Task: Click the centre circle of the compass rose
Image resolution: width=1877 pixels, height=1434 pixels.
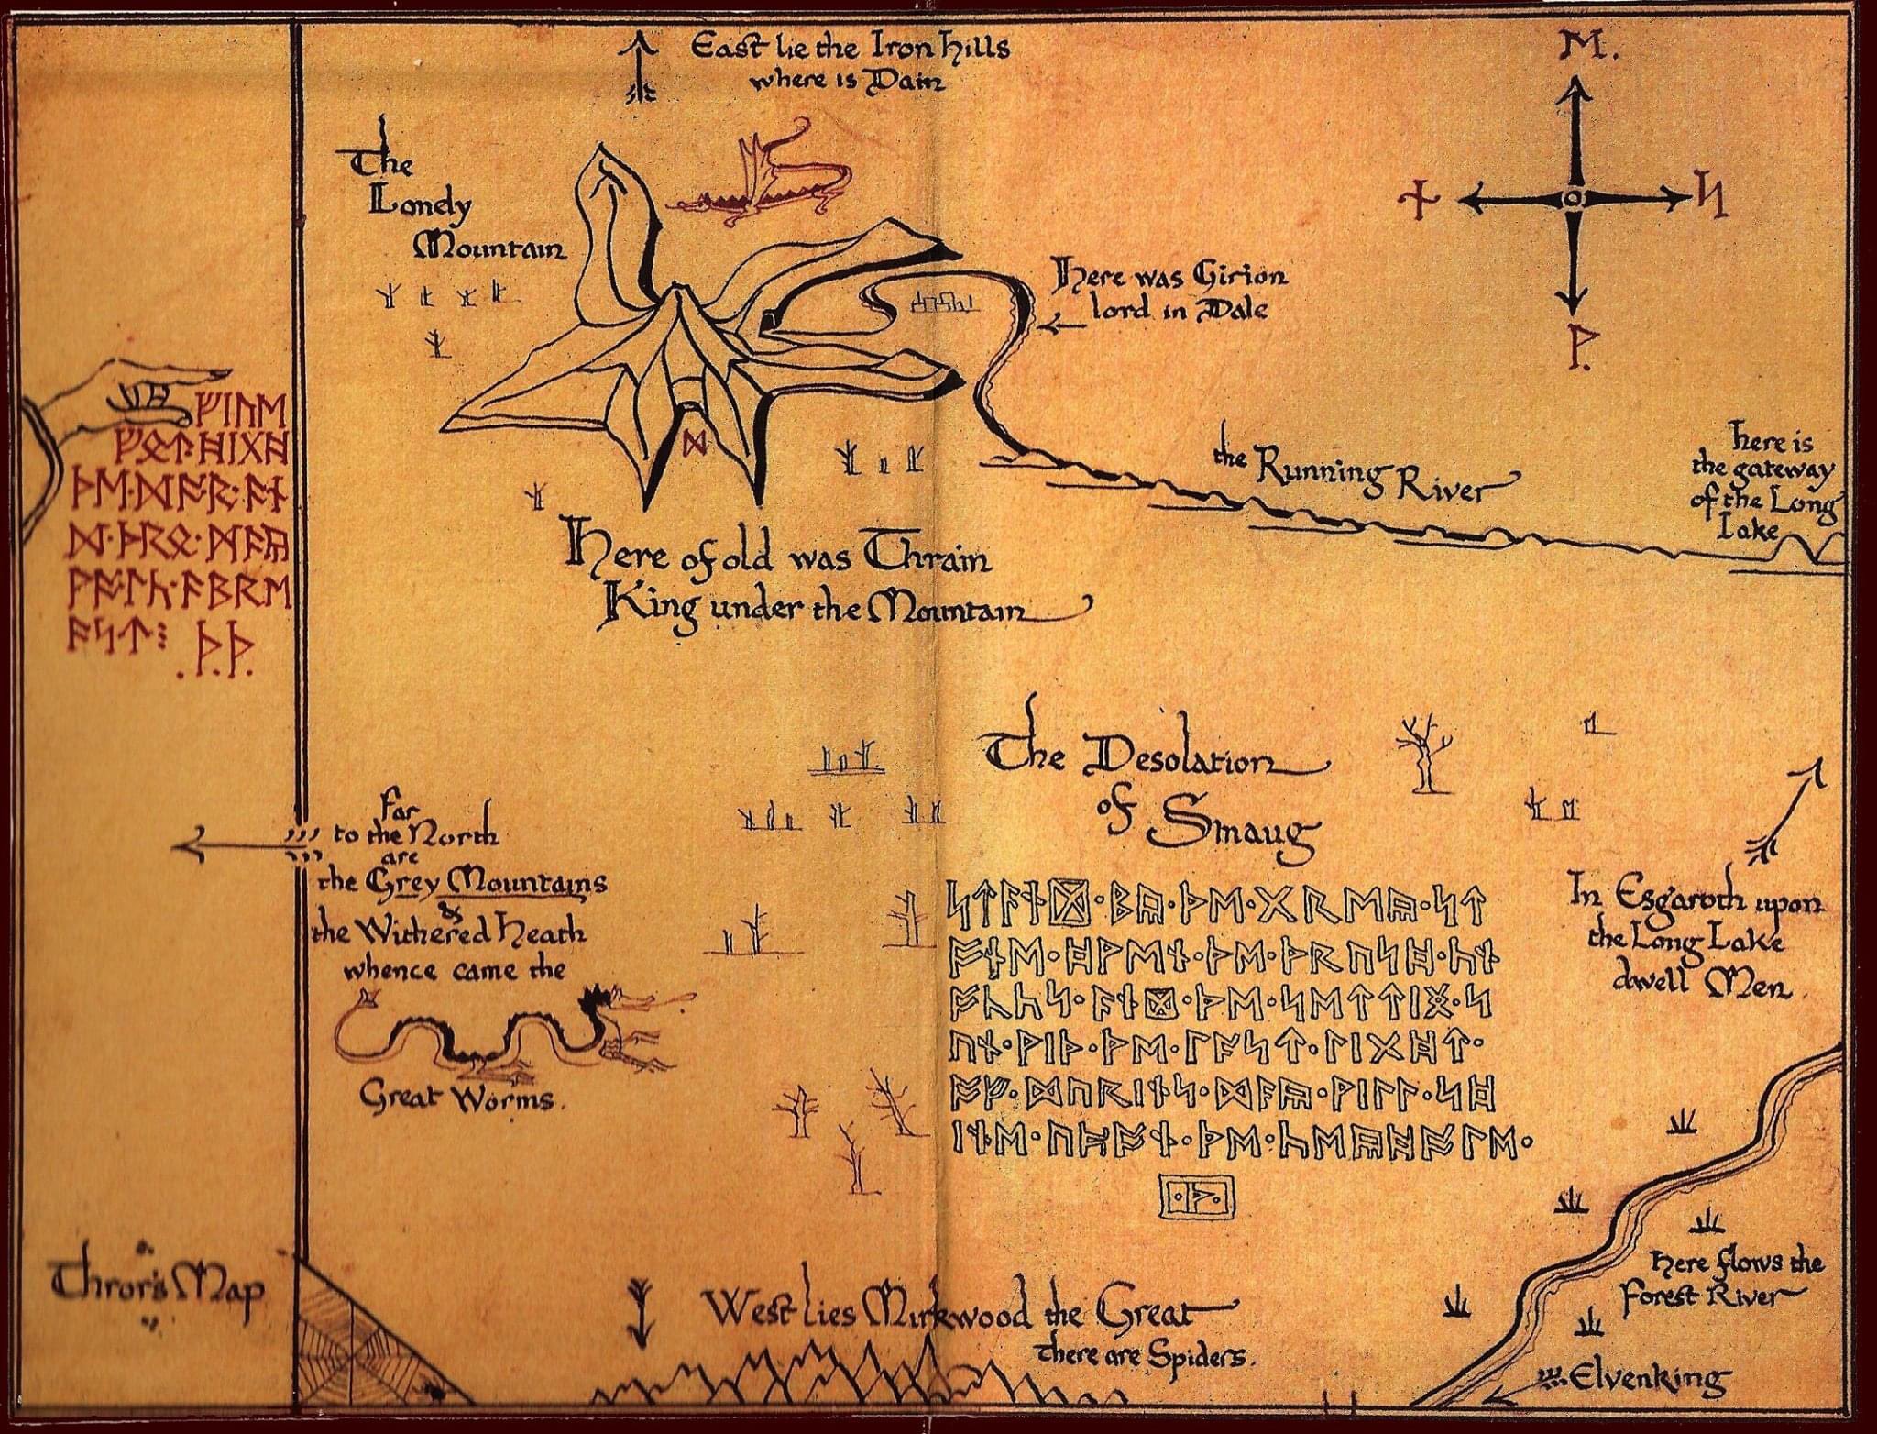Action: click(1572, 199)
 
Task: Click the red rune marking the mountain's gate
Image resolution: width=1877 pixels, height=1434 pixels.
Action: click(693, 444)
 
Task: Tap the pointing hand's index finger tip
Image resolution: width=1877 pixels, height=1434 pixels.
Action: click(220, 375)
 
